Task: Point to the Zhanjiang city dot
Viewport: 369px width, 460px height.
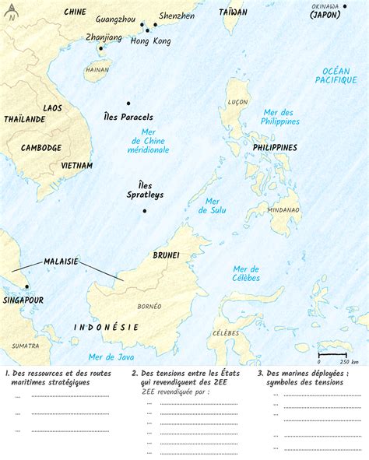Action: click(x=100, y=48)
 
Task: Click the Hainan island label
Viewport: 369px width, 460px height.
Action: click(x=97, y=69)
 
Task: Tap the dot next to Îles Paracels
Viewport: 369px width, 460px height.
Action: click(x=128, y=104)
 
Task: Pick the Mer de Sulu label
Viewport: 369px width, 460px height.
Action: click(x=212, y=205)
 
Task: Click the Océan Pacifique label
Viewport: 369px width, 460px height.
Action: click(x=336, y=75)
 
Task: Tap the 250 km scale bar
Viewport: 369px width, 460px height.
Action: click(x=336, y=353)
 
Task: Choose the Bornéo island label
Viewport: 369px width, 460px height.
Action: click(x=148, y=306)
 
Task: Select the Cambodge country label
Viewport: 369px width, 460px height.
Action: click(x=41, y=148)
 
